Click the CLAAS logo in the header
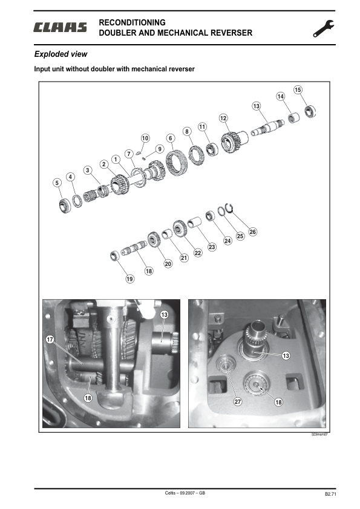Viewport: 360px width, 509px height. pyautogui.click(x=61, y=27)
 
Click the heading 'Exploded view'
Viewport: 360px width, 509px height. pyautogui.click(x=61, y=54)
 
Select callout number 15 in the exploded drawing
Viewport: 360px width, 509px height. pyautogui.click(x=298, y=90)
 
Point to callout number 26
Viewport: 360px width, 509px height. pyautogui.click(x=252, y=232)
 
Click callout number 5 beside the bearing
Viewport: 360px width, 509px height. pyautogui.click(x=56, y=183)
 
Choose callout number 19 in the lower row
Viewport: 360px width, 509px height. pyautogui.click(x=129, y=279)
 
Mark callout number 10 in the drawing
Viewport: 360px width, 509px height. pyautogui.click(x=145, y=138)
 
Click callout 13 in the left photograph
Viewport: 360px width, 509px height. pyautogui.click(x=164, y=315)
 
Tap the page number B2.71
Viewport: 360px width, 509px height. pyautogui.click(x=330, y=494)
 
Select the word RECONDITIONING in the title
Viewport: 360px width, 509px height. pyautogui.click(x=131, y=23)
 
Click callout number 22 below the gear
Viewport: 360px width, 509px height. pyautogui.click(x=197, y=253)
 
